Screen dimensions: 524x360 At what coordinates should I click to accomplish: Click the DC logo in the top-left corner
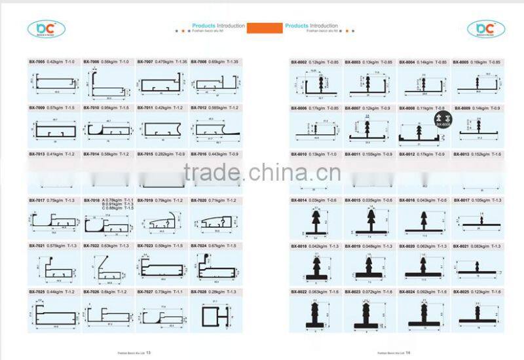point(46,28)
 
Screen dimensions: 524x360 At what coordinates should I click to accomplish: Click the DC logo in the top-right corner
point(485,28)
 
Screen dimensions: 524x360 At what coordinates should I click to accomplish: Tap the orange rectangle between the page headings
point(265,27)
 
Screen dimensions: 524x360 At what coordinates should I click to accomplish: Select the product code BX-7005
point(36,62)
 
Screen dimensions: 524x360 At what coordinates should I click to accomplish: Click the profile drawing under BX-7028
point(215,316)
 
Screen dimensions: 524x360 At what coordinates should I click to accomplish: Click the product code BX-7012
point(199,107)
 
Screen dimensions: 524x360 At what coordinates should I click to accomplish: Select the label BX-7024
point(199,245)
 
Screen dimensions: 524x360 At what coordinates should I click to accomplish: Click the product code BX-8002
point(299,62)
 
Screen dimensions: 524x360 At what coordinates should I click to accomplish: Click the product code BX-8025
point(462,291)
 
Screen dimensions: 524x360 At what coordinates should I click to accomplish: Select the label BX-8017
point(462,200)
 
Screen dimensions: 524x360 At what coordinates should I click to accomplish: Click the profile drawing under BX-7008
point(215,84)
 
